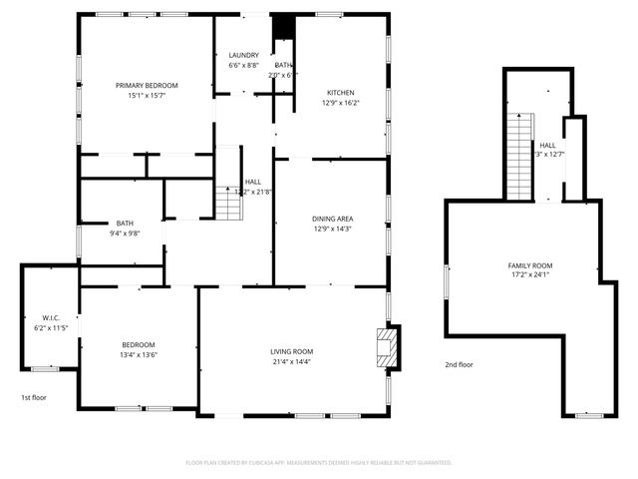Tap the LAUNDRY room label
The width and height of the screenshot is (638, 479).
244,56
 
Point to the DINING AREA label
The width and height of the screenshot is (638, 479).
332,219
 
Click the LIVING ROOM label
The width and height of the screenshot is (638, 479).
292,351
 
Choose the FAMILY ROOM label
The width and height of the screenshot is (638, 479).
530,265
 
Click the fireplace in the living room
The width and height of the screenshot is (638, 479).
386,348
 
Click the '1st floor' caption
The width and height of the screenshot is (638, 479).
34,397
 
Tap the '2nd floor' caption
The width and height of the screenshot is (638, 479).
459,364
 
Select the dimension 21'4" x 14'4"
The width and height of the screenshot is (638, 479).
292,361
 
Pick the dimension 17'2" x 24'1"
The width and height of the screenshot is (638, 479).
530,275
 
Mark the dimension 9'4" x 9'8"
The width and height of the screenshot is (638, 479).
125,234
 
